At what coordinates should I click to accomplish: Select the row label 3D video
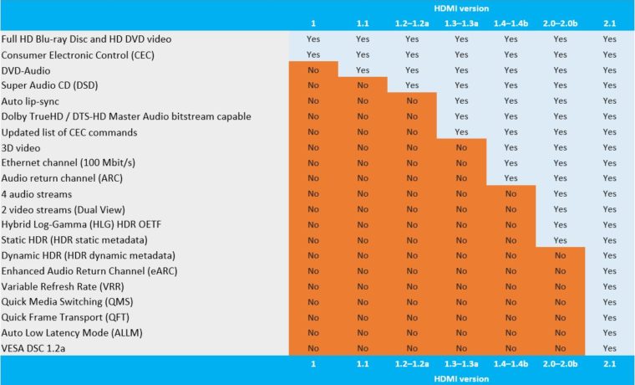[23, 147]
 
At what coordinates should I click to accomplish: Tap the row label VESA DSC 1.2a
[38, 347]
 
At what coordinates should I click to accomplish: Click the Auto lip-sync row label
[32, 101]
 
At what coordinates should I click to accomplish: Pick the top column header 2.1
[609, 23]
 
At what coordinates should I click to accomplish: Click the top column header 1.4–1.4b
[511, 23]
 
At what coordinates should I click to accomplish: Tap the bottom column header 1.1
[363, 364]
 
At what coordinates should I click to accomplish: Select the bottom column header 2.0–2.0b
[560, 364]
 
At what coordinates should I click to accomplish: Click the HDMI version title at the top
[461, 8]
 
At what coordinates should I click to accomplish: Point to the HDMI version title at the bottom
[461, 378]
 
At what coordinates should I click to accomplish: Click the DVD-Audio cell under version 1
[313, 70]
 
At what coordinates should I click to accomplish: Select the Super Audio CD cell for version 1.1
[363, 85]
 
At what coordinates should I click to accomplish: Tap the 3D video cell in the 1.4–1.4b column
[511, 147]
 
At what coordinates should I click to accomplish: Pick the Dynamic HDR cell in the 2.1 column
[609, 255]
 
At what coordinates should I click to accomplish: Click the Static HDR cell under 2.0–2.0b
[560, 239]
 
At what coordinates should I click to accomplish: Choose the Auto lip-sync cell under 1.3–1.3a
[461, 101]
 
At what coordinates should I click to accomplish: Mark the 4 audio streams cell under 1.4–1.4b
[511, 193]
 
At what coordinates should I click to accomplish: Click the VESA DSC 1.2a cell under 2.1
[609, 347]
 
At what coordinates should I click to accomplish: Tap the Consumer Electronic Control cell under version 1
[313, 54]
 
